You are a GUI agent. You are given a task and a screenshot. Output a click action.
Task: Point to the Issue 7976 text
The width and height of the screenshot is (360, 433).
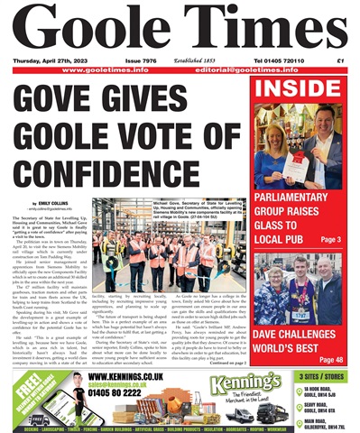[137, 60]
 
